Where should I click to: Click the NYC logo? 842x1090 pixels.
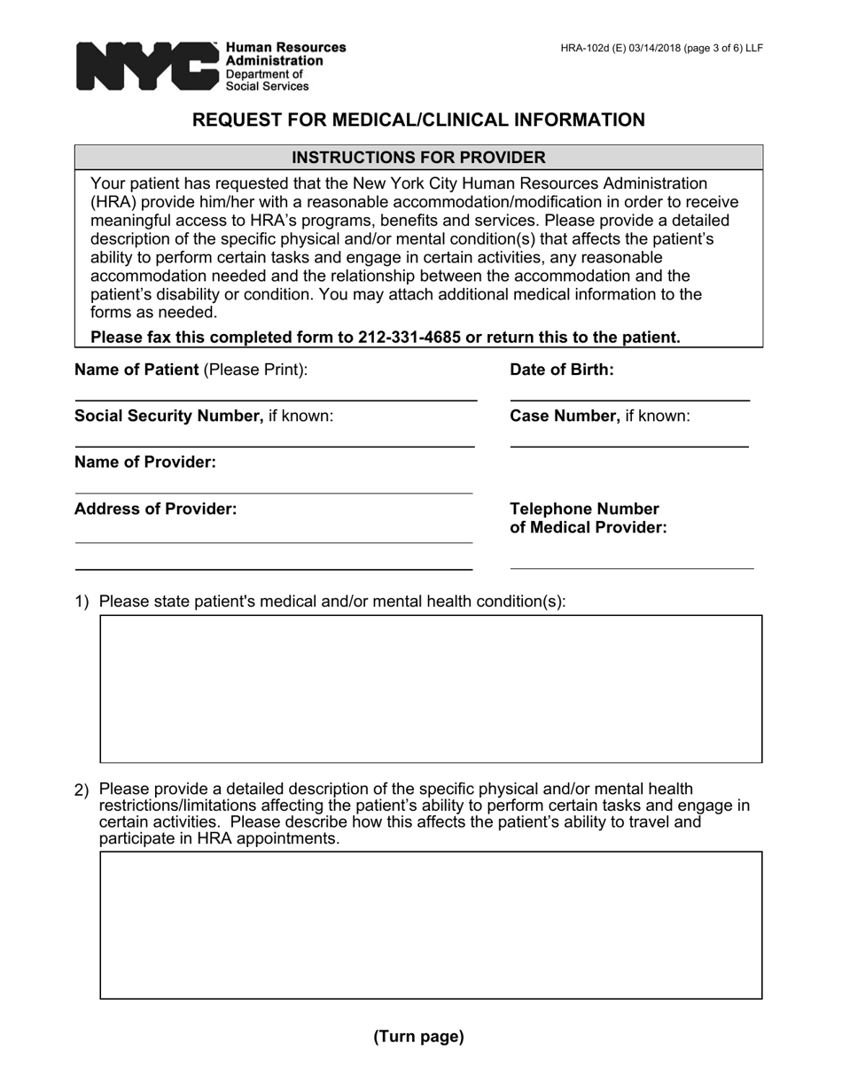click(x=146, y=66)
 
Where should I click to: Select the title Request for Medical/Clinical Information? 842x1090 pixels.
click(x=419, y=120)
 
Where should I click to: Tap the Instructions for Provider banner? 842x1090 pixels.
click(x=418, y=158)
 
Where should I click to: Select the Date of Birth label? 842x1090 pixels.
click(x=561, y=370)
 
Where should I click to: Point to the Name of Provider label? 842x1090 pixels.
click(x=145, y=463)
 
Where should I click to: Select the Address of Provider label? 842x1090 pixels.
click(x=155, y=509)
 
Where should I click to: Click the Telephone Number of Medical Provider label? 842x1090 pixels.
click(x=588, y=518)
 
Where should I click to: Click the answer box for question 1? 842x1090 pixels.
click(x=431, y=689)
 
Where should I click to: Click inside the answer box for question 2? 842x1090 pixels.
click(x=431, y=925)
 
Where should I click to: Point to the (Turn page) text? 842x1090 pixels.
click(x=418, y=1036)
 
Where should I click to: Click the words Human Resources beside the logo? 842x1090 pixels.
click(x=285, y=48)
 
